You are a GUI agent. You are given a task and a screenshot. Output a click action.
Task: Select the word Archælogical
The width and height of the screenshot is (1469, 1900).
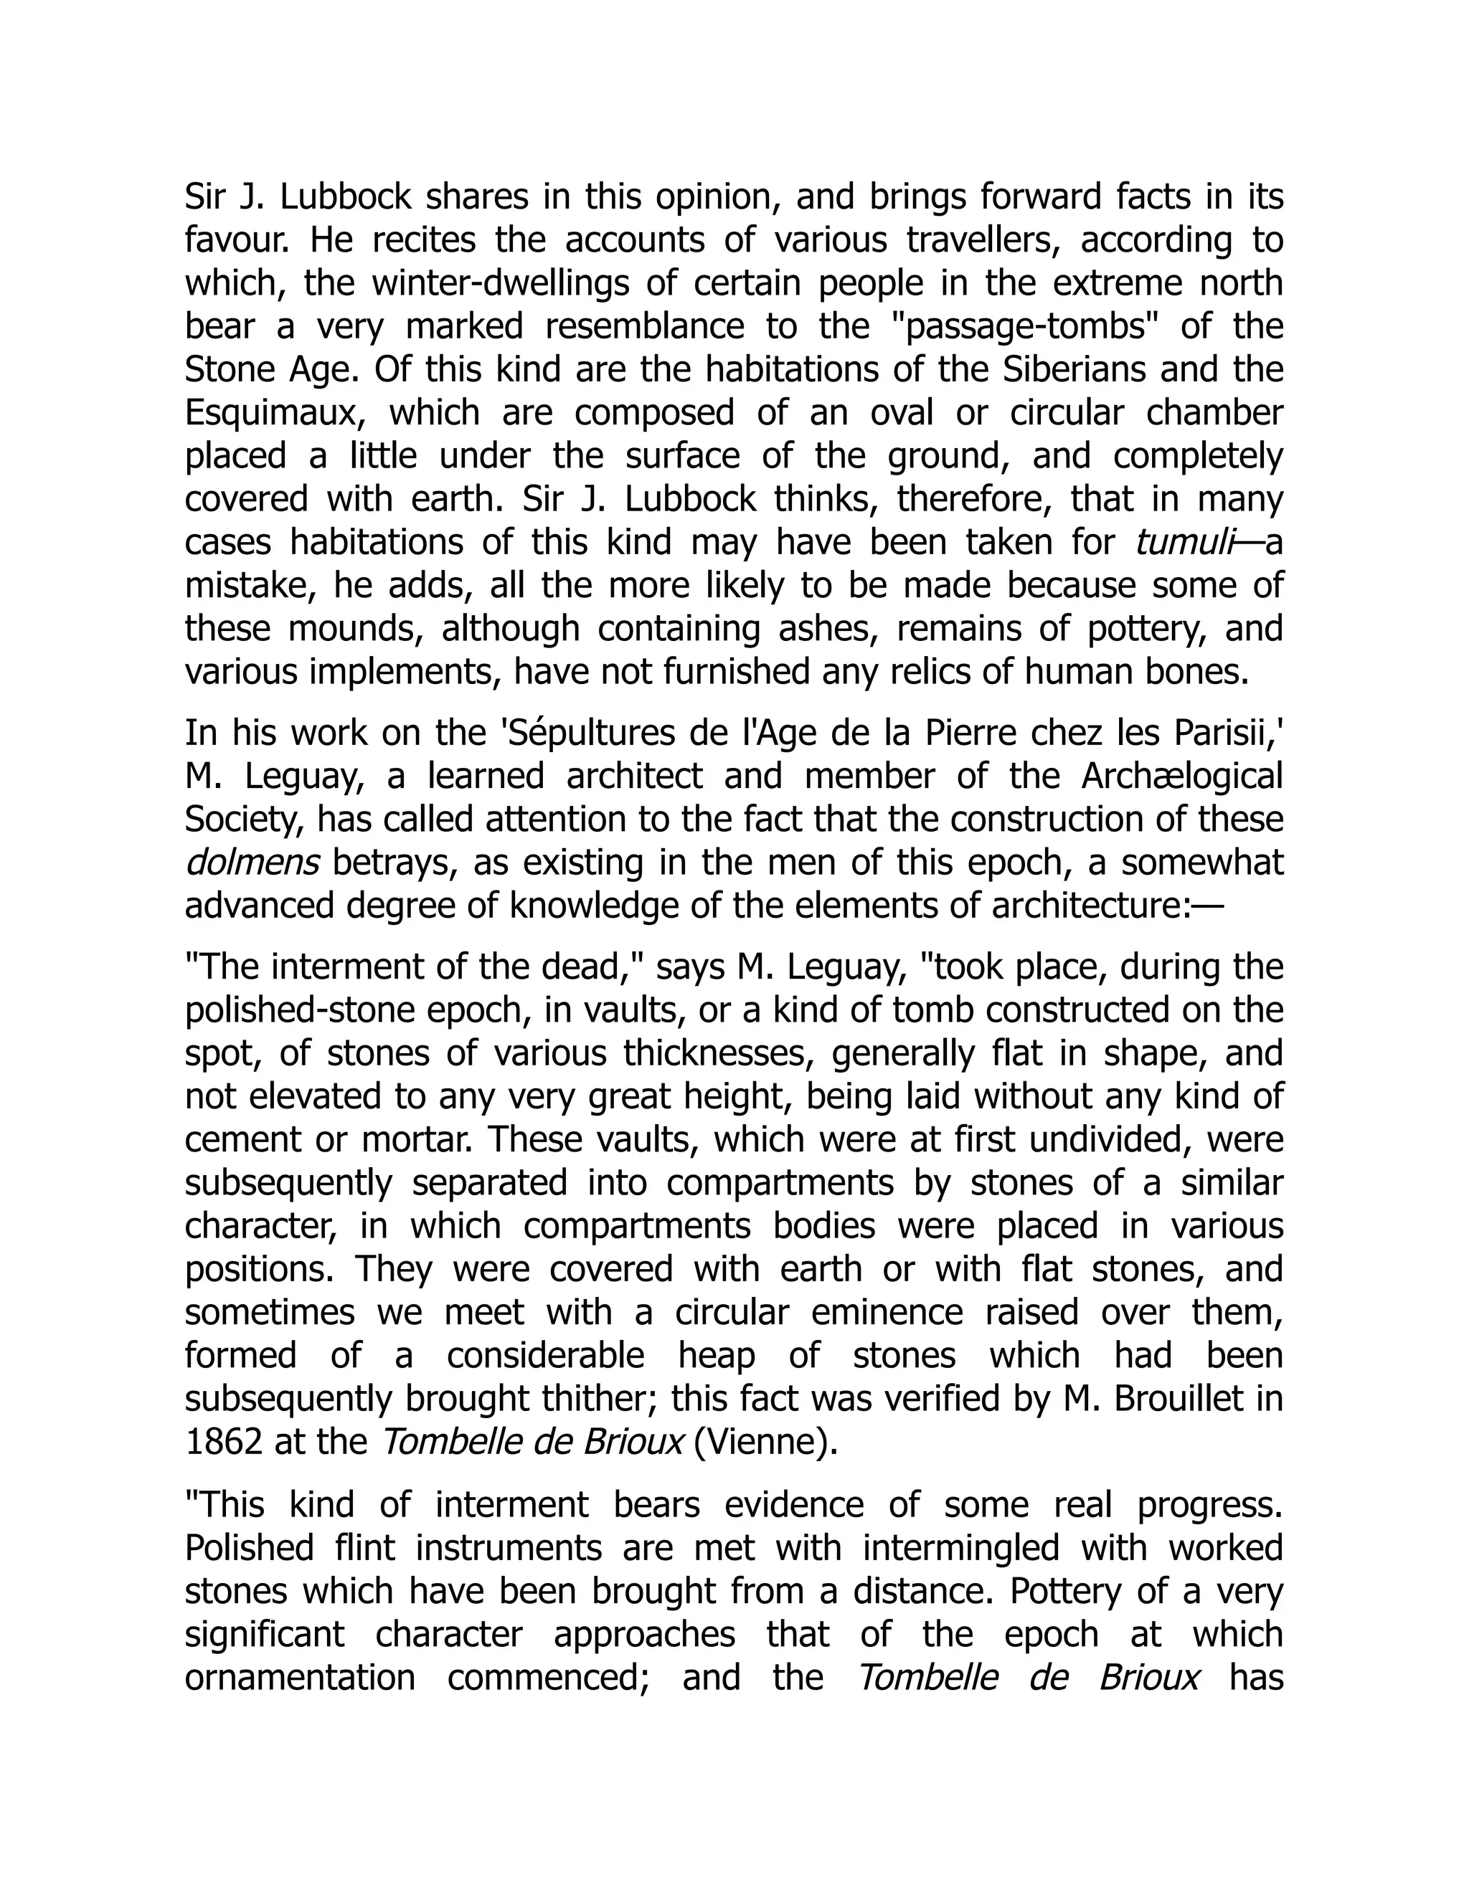pyautogui.click(x=1182, y=776)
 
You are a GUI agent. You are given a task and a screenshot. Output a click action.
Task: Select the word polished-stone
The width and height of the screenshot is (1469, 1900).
pyautogui.click(x=299, y=1010)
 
